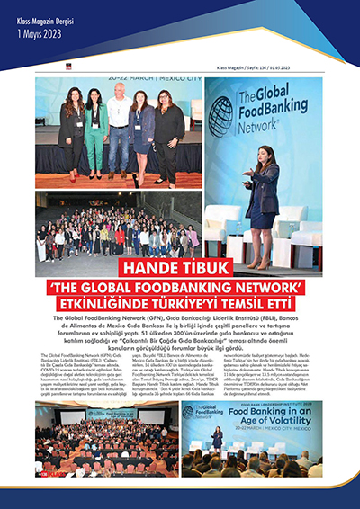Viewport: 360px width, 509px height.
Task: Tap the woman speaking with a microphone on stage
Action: coord(265,184)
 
